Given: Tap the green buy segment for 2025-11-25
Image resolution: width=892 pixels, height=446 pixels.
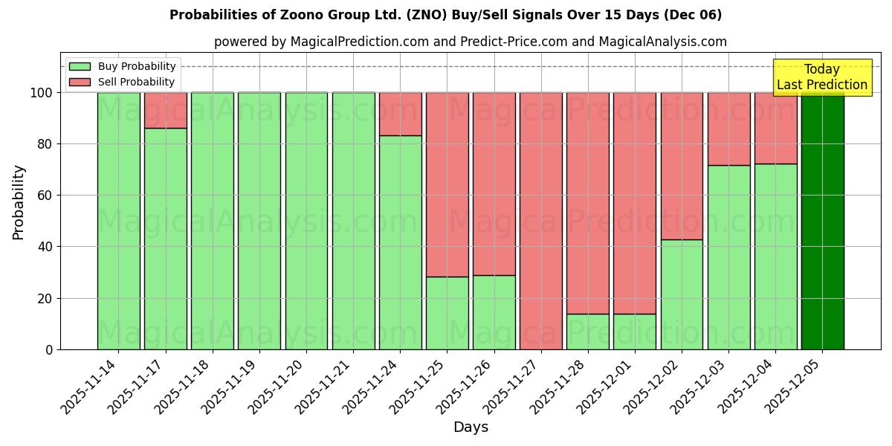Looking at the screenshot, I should pyautogui.click(x=447, y=313).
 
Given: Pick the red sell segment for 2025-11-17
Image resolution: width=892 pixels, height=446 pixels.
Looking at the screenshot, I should pyautogui.click(x=165, y=110).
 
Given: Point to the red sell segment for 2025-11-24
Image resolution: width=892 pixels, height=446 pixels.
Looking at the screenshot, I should pyautogui.click(x=400, y=114).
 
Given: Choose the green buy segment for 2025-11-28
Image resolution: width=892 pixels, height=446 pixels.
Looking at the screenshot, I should pyautogui.click(x=587, y=332).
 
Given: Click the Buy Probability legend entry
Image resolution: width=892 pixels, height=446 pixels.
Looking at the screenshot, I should pyautogui.click(x=123, y=66).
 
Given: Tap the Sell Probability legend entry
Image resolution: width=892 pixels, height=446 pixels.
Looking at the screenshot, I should pyautogui.click(x=123, y=82).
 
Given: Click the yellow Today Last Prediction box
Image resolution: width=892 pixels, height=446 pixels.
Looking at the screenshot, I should pyautogui.click(x=822, y=77).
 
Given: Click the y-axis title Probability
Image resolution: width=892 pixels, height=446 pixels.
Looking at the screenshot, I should pyautogui.click(x=19, y=202).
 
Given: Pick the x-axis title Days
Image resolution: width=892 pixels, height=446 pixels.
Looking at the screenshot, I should pyautogui.click(x=471, y=427).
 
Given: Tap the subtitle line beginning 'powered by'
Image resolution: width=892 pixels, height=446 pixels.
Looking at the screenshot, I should pyautogui.click(x=470, y=42).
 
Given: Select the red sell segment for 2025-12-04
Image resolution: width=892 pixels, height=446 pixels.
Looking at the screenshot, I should pyautogui.click(x=775, y=128).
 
